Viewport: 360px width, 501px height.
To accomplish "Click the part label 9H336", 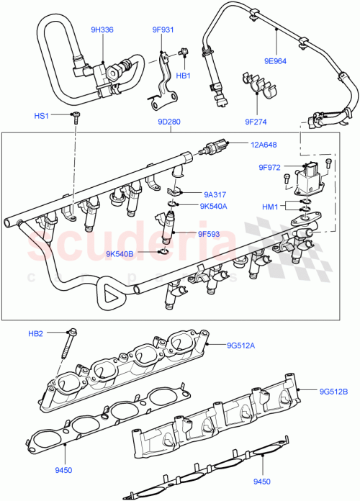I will pyautogui.click(x=102, y=30).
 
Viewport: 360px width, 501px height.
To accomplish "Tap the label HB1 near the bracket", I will pyautogui.click(x=183, y=75).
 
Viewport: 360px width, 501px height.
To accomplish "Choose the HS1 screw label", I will pyautogui.click(x=42, y=116).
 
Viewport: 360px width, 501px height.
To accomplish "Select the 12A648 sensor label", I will pyautogui.click(x=264, y=145).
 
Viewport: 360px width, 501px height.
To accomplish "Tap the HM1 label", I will pyautogui.click(x=270, y=207).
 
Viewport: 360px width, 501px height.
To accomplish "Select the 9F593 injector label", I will pyautogui.click(x=212, y=233).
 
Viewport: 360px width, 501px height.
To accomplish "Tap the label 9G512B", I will pyautogui.click(x=333, y=391).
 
